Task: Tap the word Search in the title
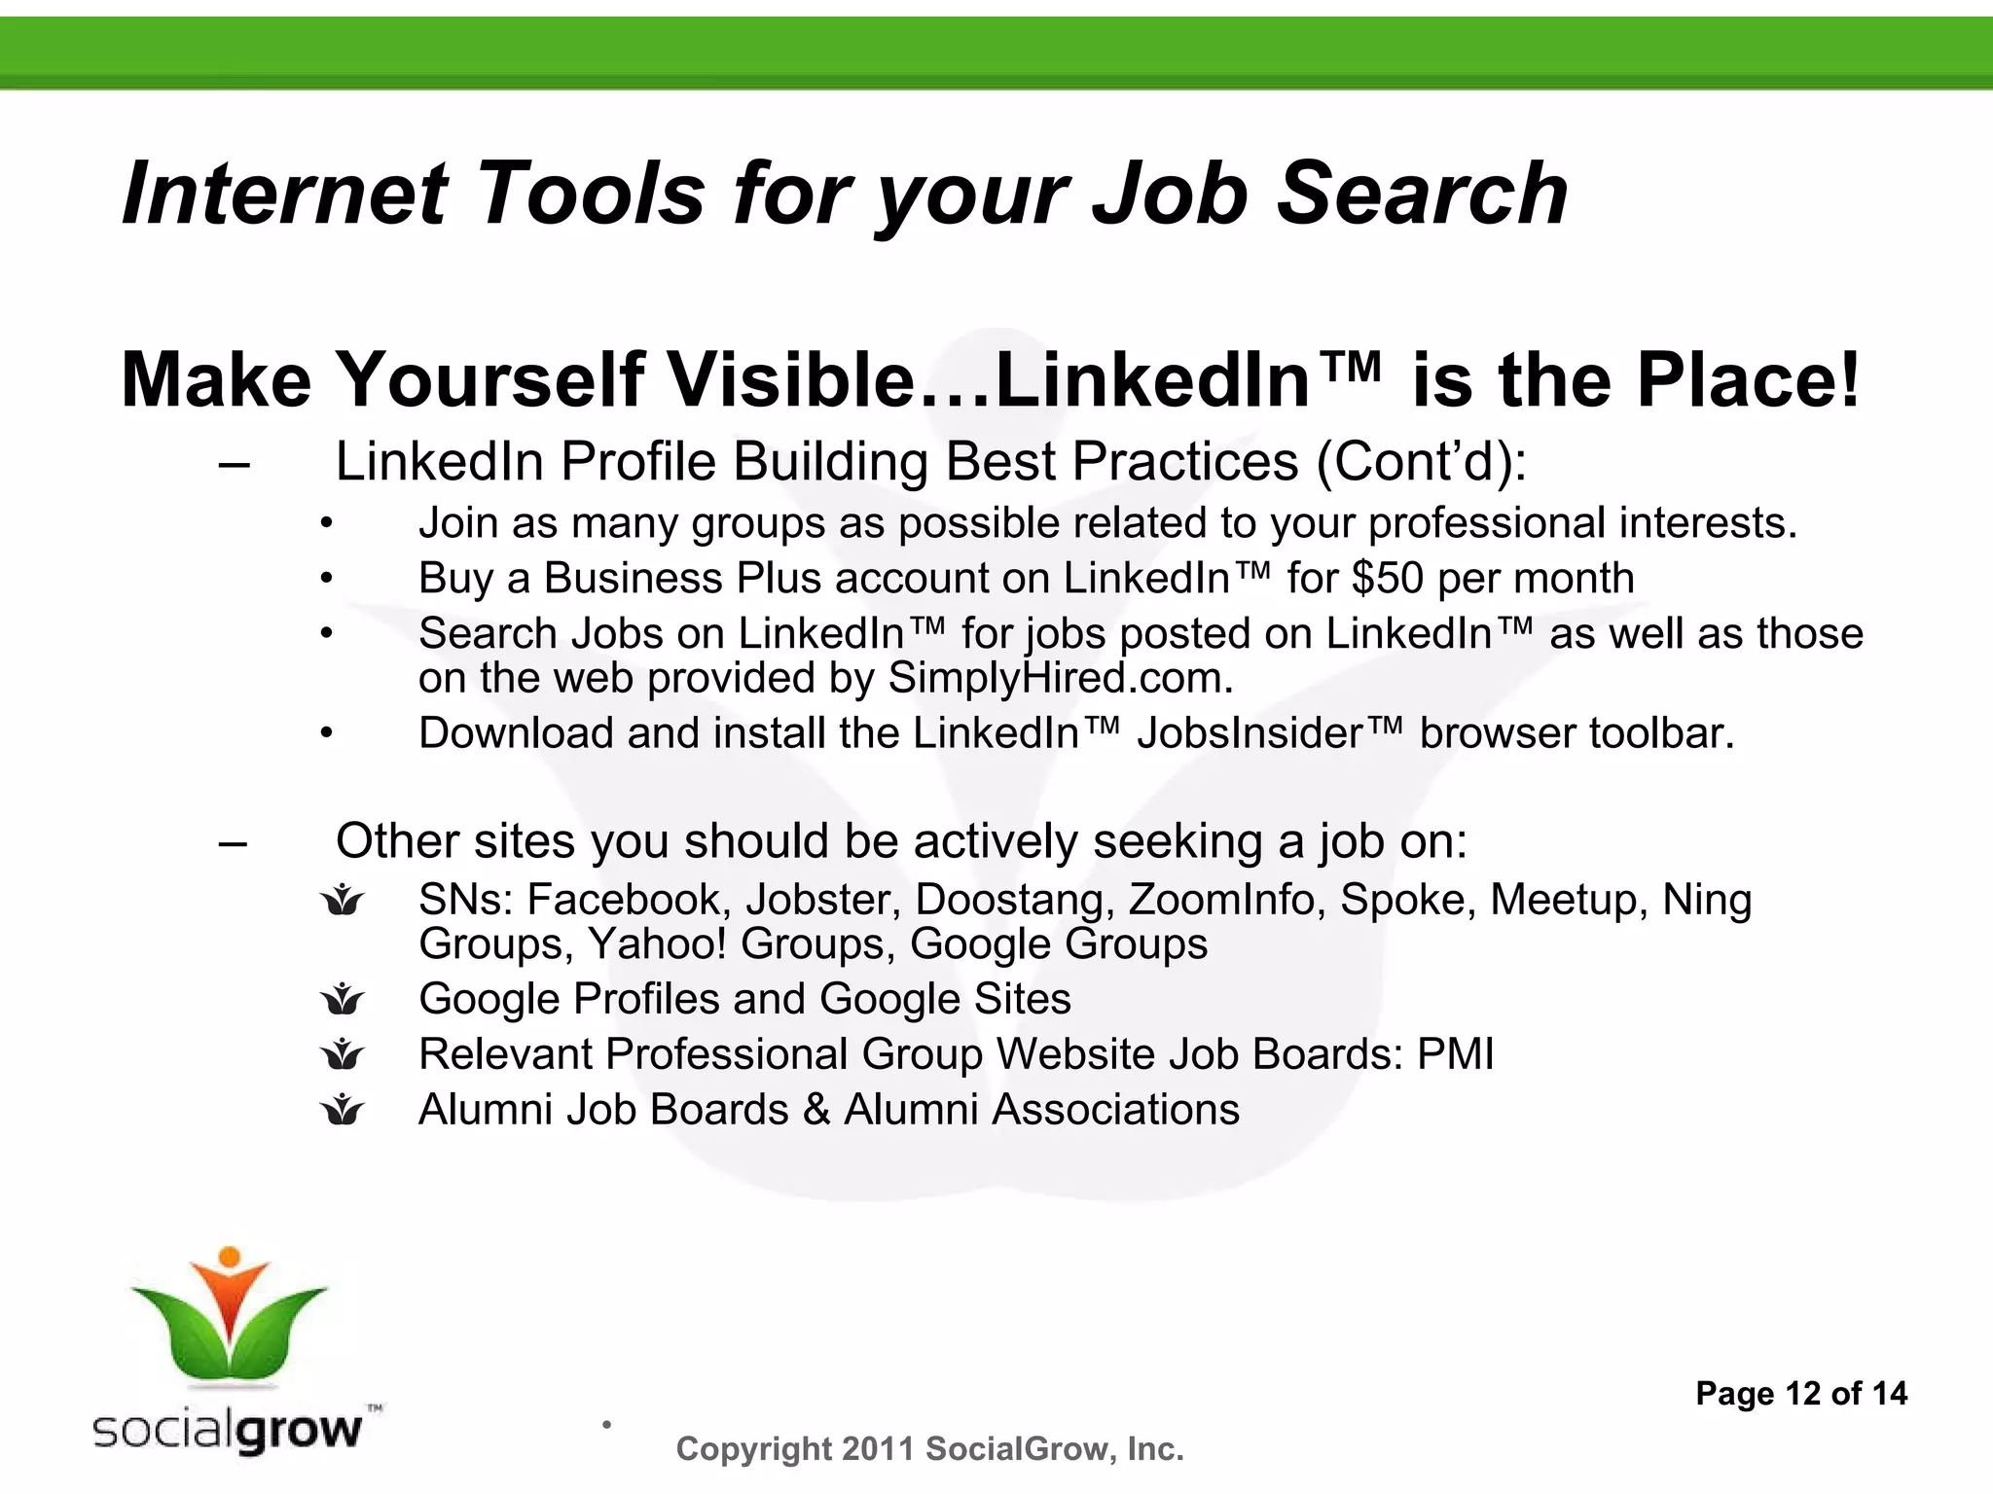(1421, 194)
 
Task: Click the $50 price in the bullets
(1387, 579)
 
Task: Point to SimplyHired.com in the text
(1060, 678)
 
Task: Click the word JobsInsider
(1250, 733)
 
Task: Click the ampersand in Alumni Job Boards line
(816, 1110)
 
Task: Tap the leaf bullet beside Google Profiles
(343, 999)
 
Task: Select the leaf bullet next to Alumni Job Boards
(343, 1110)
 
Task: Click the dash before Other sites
(234, 842)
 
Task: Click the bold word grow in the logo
(298, 1430)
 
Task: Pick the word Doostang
(1013, 900)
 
